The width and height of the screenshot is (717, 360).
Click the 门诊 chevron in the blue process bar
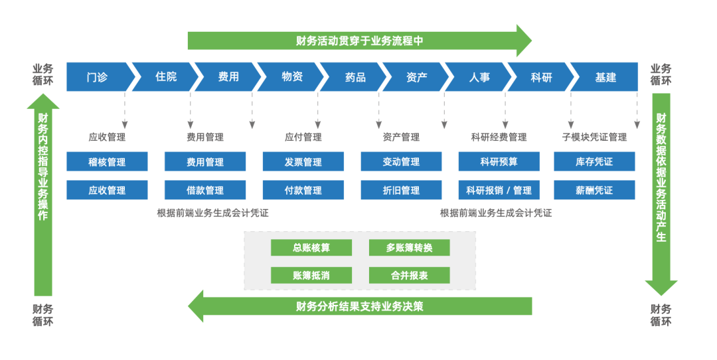[97, 77]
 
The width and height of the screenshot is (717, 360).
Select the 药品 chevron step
[355, 77]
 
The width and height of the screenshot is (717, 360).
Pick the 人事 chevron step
[479, 77]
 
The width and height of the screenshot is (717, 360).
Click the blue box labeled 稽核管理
[107, 161]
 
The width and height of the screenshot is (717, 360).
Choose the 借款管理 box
[205, 190]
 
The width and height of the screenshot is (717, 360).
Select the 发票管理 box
[303, 161]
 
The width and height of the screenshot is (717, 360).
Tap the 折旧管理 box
[401, 190]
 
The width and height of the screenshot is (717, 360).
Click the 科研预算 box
[499, 161]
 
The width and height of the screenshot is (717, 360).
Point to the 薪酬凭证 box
[594, 190]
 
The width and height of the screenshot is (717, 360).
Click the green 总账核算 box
[311, 248]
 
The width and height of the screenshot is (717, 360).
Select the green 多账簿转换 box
[410, 248]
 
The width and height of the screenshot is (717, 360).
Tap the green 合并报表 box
[410, 275]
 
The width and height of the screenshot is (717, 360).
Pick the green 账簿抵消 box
[311, 275]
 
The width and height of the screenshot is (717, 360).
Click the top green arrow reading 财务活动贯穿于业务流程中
[359, 41]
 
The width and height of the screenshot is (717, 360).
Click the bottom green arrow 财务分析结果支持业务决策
[359, 306]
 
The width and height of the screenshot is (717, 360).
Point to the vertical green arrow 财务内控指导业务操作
[43, 193]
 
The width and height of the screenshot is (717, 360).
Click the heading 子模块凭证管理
[594, 137]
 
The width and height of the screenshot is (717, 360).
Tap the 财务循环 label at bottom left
[43, 315]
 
